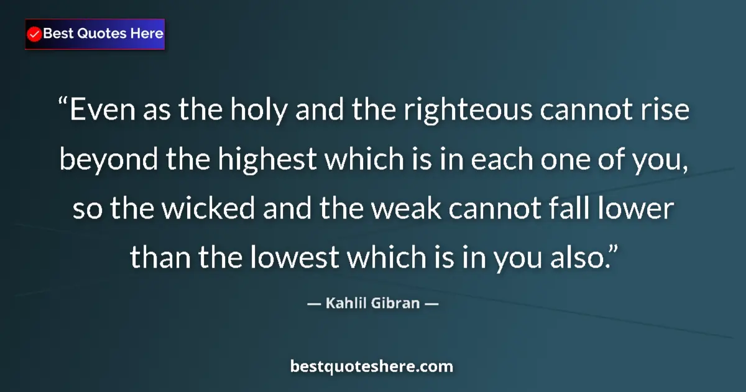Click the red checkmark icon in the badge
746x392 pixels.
(x=35, y=34)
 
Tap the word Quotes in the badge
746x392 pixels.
(x=101, y=34)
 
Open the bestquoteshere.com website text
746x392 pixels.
(x=372, y=366)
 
